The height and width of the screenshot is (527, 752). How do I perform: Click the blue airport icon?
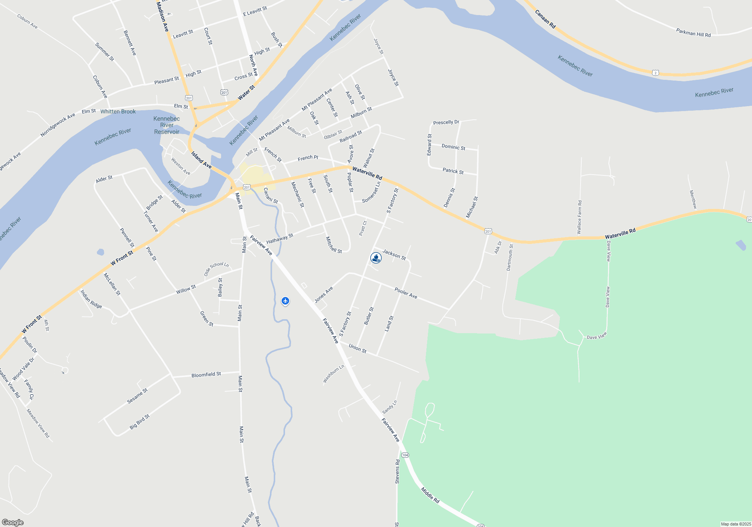tap(285, 301)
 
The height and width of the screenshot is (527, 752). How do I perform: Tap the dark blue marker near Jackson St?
tap(376, 258)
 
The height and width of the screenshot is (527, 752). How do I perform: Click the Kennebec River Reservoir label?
tap(167, 125)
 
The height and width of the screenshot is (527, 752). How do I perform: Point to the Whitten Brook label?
tap(118, 111)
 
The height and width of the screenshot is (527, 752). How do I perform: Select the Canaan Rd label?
tap(545, 19)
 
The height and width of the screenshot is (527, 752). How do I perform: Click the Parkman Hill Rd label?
tap(693, 33)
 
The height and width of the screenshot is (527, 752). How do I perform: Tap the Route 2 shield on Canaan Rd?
tap(655, 73)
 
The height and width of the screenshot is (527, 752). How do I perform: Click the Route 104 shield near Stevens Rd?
tap(405, 455)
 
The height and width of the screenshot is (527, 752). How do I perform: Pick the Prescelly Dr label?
tap(446, 122)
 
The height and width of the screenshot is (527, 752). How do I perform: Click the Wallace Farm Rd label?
tap(579, 217)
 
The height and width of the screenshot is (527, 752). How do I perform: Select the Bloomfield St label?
tap(206, 375)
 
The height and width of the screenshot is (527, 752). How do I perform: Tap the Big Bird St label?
tap(139, 422)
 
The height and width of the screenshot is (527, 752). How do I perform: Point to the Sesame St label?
tap(137, 396)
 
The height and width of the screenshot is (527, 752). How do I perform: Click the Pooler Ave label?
tap(406, 293)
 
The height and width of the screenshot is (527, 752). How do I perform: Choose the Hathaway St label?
tap(280, 239)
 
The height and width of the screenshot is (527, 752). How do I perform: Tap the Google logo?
tap(13, 522)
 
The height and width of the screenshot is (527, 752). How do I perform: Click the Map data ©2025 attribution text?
tap(736, 524)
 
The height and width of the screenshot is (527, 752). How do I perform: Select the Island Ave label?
tap(201, 160)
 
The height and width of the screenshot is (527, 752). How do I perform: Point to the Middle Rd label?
tap(430, 495)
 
